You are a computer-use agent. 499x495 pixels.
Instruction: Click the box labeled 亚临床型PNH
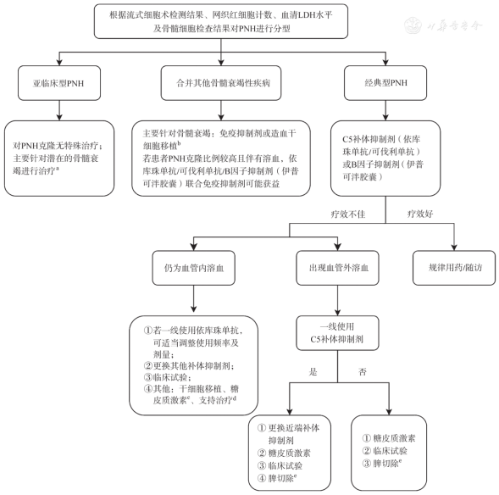[x=59, y=83]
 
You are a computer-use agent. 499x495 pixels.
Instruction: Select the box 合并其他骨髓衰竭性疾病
[x=221, y=83]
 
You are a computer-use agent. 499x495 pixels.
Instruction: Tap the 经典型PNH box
[x=385, y=83]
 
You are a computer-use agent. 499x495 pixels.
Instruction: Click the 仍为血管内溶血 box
[x=194, y=268]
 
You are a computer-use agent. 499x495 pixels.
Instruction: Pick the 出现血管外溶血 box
[x=338, y=268]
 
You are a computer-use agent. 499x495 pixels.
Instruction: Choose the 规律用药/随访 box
[x=454, y=268]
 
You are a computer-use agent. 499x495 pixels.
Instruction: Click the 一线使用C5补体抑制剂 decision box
[x=338, y=333]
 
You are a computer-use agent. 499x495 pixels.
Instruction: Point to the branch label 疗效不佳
[x=348, y=214]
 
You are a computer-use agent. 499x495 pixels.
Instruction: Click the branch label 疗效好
[x=420, y=214]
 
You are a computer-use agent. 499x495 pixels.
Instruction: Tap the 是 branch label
[x=313, y=372]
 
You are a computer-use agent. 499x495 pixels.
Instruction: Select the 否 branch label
[x=363, y=372]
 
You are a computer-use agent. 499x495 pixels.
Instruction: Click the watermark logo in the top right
[x=413, y=25]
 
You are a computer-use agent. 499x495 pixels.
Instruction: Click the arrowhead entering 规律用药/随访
[x=454, y=247]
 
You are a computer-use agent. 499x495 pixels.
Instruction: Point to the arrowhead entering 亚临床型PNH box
[x=59, y=63]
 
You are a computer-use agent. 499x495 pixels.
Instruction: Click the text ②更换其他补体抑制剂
[x=189, y=366]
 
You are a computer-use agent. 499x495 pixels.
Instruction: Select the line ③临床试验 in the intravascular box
[x=167, y=377]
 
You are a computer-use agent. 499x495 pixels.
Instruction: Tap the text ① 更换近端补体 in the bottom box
[x=288, y=428]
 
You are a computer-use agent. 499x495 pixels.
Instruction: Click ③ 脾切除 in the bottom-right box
[x=381, y=463]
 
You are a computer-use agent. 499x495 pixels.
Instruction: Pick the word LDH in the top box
[x=306, y=15]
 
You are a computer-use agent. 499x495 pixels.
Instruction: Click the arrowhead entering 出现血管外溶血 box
[x=338, y=247]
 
